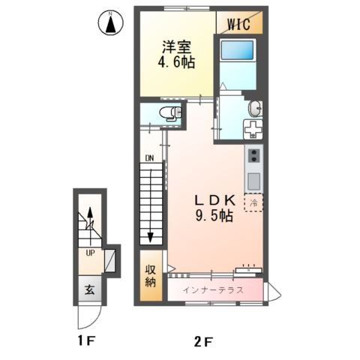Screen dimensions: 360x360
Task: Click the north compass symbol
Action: click(x=111, y=24)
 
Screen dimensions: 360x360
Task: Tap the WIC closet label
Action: click(x=241, y=22)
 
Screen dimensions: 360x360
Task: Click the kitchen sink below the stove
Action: click(x=253, y=181)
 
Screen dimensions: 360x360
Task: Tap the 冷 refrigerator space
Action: click(x=253, y=202)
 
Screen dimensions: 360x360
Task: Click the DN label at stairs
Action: click(x=149, y=158)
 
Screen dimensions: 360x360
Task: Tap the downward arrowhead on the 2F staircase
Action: click(x=150, y=238)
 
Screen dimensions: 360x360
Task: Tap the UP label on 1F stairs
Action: click(x=89, y=253)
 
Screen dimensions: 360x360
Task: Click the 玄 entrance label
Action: click(x=88, y=289)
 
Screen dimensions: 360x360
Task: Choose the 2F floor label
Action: click(x=204, y=343)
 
